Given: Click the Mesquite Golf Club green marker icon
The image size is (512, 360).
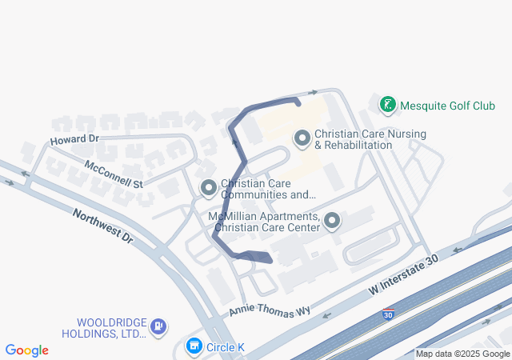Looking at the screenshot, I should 388,104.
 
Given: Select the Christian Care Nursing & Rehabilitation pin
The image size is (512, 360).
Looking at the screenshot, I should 302,139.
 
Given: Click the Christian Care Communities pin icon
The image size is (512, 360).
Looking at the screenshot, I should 209,188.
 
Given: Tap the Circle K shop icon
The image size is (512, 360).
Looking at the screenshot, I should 194,346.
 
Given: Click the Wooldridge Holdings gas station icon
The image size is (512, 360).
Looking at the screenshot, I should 158,326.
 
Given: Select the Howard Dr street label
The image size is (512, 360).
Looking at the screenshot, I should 74,139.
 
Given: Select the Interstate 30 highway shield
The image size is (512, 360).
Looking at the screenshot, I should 388,314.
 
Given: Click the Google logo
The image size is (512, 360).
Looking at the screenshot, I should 27,350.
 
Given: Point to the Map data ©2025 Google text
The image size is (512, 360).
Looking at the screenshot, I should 462,354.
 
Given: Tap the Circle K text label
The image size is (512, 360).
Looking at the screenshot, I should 226,347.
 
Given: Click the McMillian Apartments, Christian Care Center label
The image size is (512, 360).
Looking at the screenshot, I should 264,222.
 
